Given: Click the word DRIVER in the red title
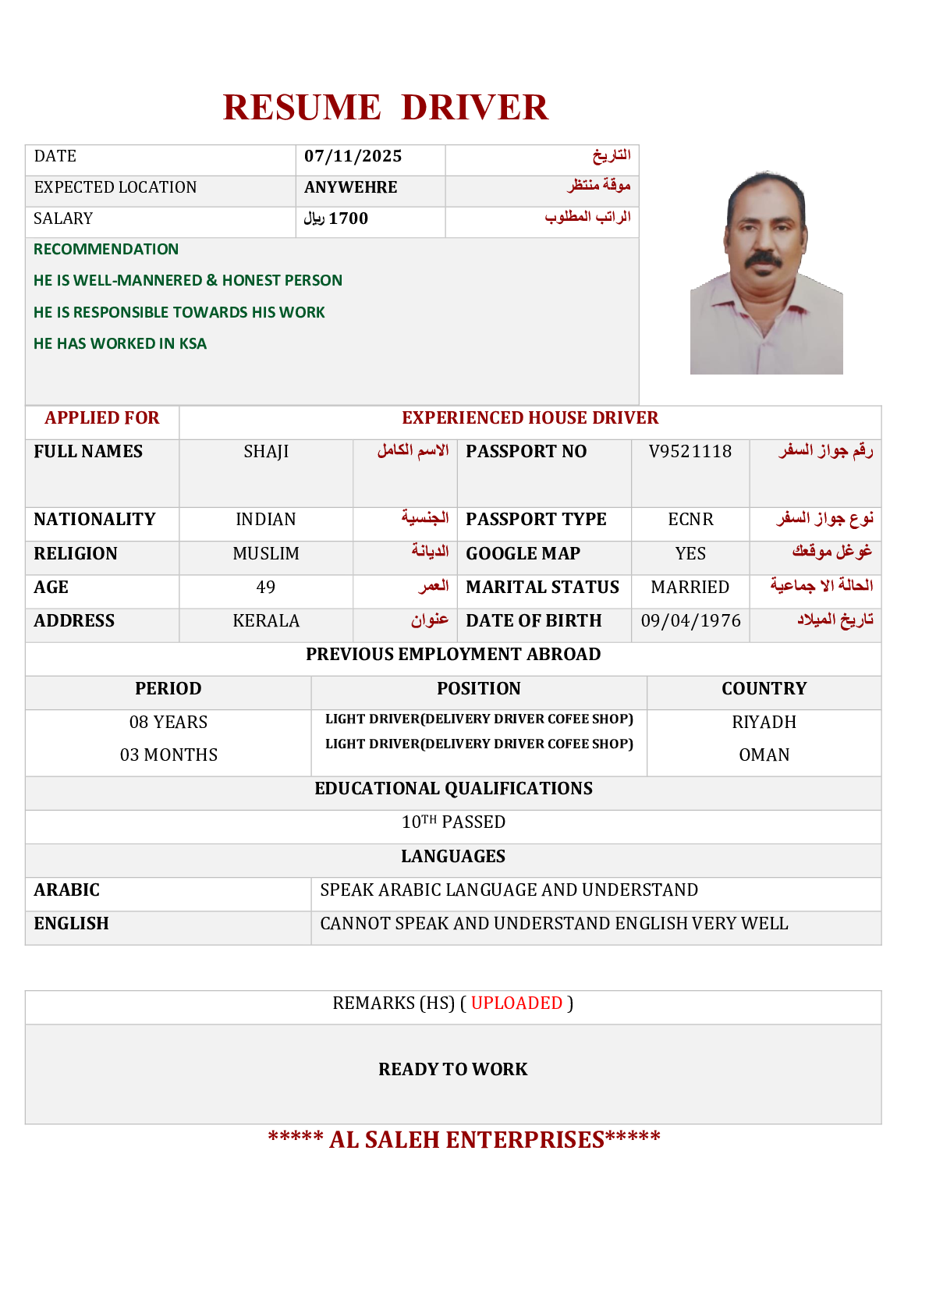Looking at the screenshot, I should [x=474, y=108].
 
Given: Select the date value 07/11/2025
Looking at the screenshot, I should [x=353, y=156].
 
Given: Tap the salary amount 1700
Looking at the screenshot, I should [x=348, y=218].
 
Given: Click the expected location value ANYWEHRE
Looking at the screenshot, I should [x=350, y=187].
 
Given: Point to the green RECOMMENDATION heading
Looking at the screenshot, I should [x=106, y=249].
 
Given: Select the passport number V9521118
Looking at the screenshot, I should [x=690, y=451].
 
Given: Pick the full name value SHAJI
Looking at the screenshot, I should [x=266, y=452].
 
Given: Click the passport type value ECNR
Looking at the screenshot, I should [x=690, y=520].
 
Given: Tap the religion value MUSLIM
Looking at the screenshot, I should [x=266, y=553].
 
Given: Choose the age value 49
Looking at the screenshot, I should [x=266, y=587].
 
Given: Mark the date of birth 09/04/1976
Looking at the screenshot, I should [x=690, y=620].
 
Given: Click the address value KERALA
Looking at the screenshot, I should [x=266, y=620].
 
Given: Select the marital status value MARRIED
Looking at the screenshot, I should [x=690, y=587].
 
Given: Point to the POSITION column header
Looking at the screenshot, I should [x=478, y=688].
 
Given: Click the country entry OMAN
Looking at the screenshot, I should [x=764, y=755].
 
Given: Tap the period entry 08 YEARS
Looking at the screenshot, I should [x=168, y=722].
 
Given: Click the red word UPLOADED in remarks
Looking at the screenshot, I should [x=516, y=1003].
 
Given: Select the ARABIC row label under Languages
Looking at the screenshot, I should [x=67, y=890].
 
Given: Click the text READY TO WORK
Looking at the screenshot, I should [x=452, y=1069].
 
